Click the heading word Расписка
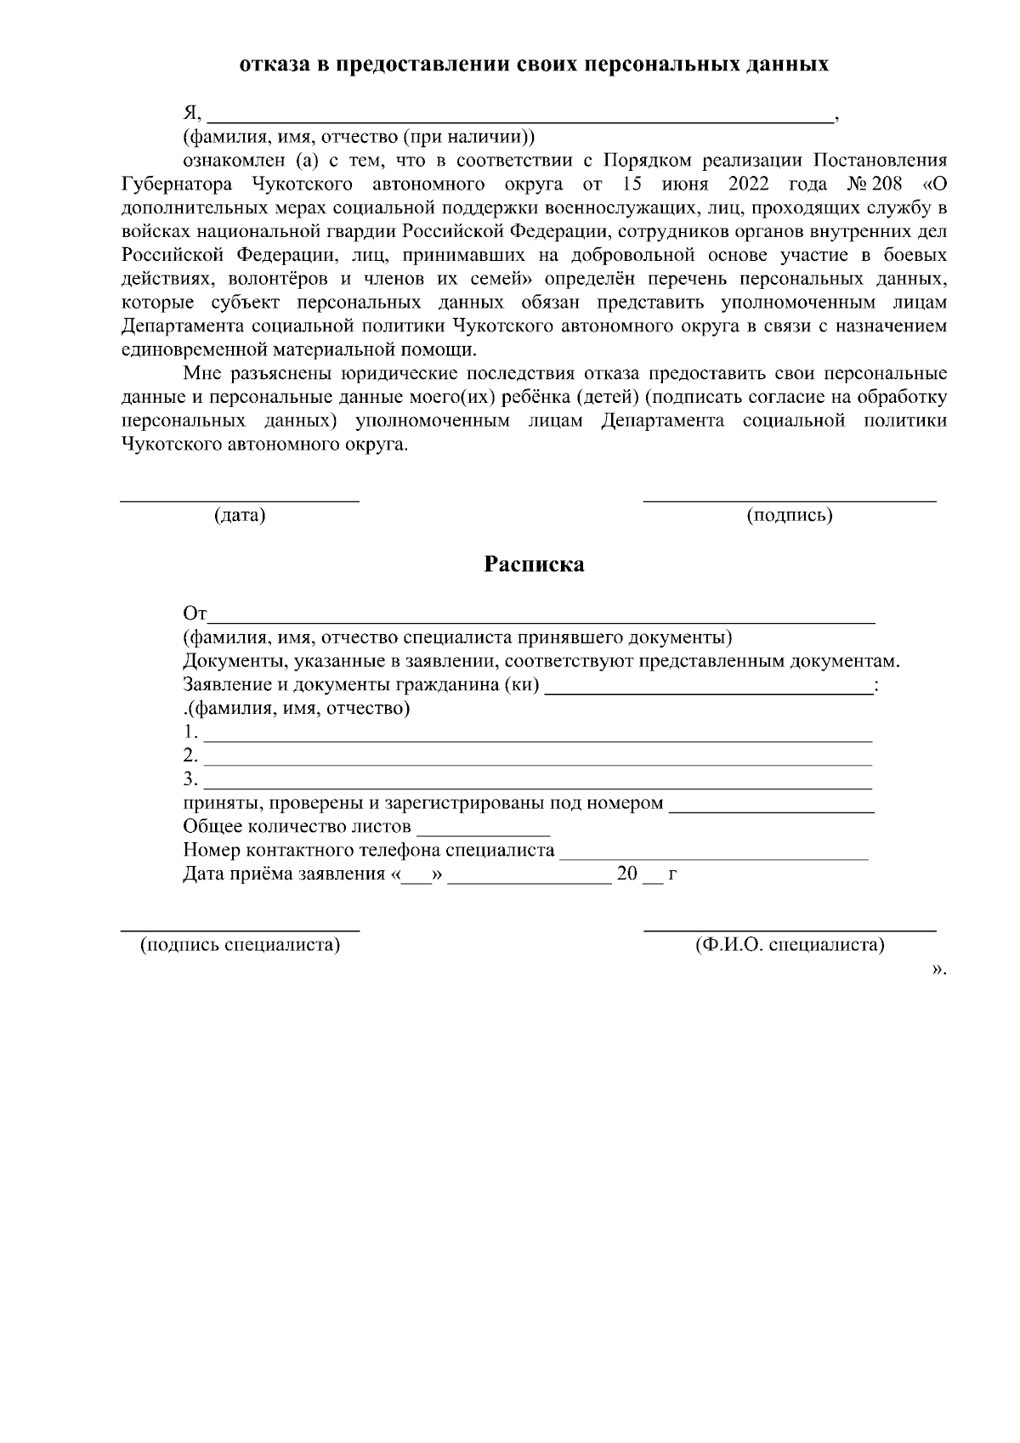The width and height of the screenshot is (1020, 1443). (x=534, y=564)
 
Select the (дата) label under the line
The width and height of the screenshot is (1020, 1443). (x=240, y=515)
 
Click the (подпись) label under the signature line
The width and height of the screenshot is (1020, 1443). (x=789, y=515)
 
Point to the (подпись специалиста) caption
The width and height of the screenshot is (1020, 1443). (x=240, y=944)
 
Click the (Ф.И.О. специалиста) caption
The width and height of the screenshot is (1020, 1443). (x=789, y=944)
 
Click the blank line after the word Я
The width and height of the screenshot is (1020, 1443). (x=520, y=119)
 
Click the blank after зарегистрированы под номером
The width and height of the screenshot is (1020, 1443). (x=772, y=809)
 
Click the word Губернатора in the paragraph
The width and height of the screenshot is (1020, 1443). (x=175, y=184)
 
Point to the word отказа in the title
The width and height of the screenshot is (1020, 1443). (x=275, y=65)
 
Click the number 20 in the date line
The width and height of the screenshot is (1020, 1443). (x=626, y=874)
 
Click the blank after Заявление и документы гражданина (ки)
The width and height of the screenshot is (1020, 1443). (x=707, y=690)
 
